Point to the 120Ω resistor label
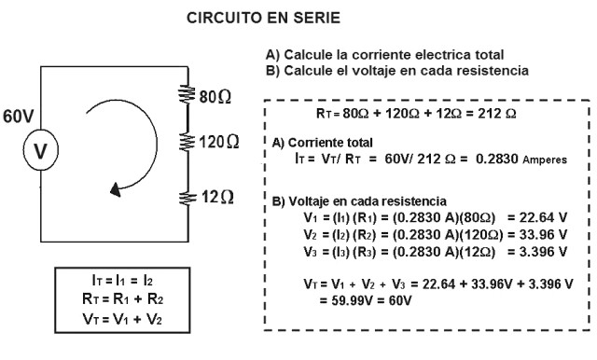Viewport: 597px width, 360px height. click(221, 143)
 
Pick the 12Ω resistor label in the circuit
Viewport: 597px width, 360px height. click(218, 198)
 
